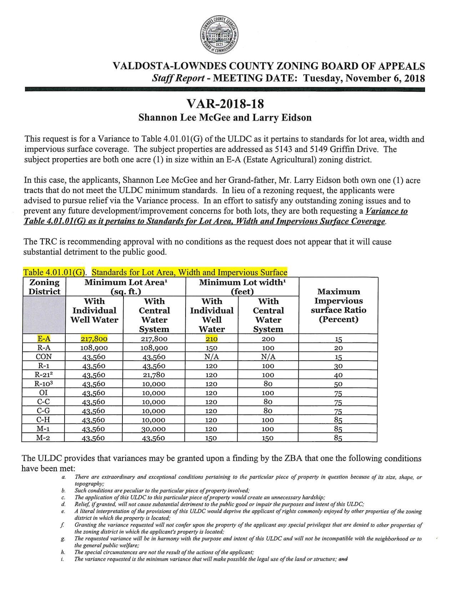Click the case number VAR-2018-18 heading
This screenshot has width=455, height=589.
(x=225, y=104)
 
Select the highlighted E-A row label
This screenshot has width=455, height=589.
(x=44, y=339)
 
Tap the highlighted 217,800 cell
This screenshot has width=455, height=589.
(x=94, y=339)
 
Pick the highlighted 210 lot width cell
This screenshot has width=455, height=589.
(x=211, y=339)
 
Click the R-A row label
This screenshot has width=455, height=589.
(x=44, y=348)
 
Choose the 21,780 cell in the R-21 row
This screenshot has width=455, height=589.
(x=154, y=375)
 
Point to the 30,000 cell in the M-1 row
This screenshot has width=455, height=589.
(x=154, y=429)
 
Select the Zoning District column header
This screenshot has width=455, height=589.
(x=44, y=287)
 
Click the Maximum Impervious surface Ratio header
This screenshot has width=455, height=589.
(x=338, y=305)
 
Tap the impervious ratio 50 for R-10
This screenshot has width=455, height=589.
(x=338, y=384)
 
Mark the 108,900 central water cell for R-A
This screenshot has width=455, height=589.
(x=154, y=348)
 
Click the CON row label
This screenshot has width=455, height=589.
(x=44, y=357)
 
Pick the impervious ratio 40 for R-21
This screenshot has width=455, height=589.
(x=338, y=375)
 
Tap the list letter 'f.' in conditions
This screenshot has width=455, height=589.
(x=63, y=525)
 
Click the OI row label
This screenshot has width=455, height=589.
(x=44, y=393)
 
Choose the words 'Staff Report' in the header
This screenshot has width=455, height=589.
(x=178, y=78)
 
